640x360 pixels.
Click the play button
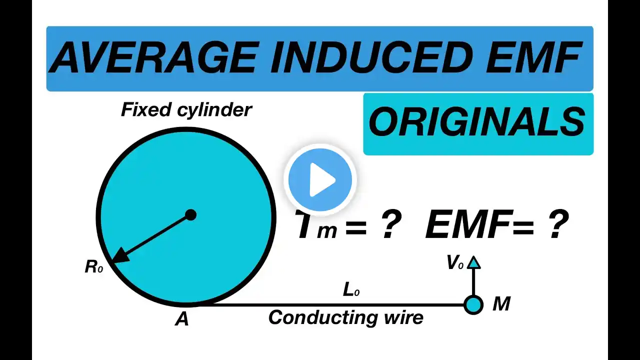tap(320, 179)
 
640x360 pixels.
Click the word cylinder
tap(214, 110)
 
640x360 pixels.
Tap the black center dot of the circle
tap(190, 215)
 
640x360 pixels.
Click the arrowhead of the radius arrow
tap(119, 255)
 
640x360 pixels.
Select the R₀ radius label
tap(93, 267)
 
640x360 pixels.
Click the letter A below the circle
tap(181, 319)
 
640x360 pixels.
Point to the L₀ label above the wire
tap(351, 290)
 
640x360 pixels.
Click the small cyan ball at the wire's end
tap(473, 305)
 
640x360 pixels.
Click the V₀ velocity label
tap(455, 262)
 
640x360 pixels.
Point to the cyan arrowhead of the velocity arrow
tap(473, 262)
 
